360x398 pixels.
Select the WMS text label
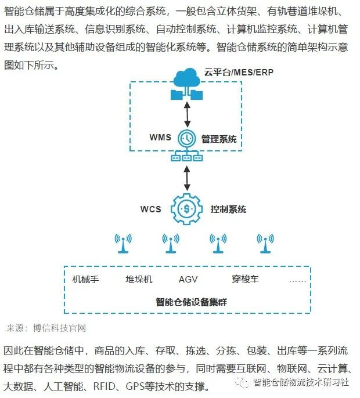[160, 138]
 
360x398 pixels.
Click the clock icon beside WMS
[186, 139]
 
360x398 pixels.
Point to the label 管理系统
[219, 139]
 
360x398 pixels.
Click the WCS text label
[153, 209]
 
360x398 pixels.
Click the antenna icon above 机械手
[123, 243]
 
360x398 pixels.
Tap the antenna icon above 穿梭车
[265, 243]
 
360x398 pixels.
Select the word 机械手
[86, 279]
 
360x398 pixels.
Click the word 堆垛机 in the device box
[139, 279]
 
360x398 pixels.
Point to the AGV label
[188, 279]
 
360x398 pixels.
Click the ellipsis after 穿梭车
[298, 280]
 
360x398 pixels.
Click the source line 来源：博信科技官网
[46, 328]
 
